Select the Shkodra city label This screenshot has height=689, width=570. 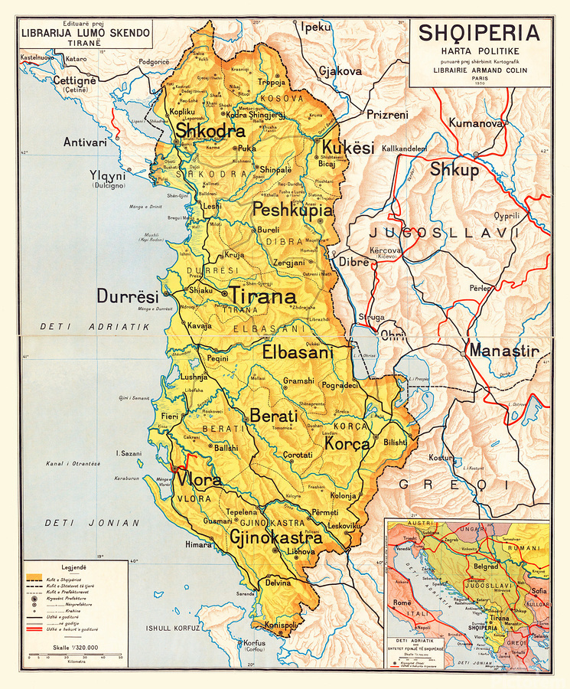(210, 131)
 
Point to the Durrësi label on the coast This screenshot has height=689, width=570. (127, 296)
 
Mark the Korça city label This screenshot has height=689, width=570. (347, 442)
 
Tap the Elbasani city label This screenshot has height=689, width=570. (298, 353)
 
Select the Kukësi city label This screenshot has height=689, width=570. (347, 148)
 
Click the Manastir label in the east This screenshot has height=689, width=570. (504, 351)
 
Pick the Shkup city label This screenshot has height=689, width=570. (454, 169)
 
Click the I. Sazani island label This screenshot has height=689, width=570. (128, 453)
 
